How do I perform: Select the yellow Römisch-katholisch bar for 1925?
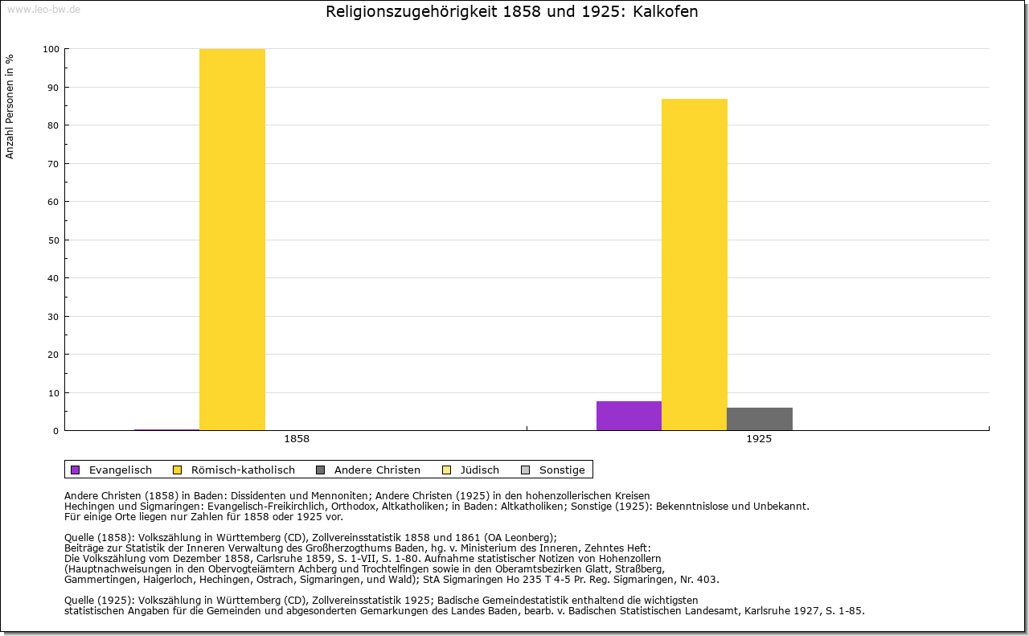click(x=695, y=265)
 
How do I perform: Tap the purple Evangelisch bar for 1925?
click(x=629, y=416)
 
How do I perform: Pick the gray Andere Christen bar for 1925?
click(x=760, y=419)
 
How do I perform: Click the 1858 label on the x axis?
click(x=297, y=440)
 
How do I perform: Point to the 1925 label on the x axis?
click(x=759, y=440)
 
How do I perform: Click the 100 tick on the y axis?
click(x=51, y=49)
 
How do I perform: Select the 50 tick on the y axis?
click(x=53, y=240)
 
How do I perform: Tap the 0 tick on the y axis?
click(x=55, y=431)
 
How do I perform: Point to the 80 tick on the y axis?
click(x=53, y=125)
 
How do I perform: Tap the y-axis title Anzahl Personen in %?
click(x=10, y=106)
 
